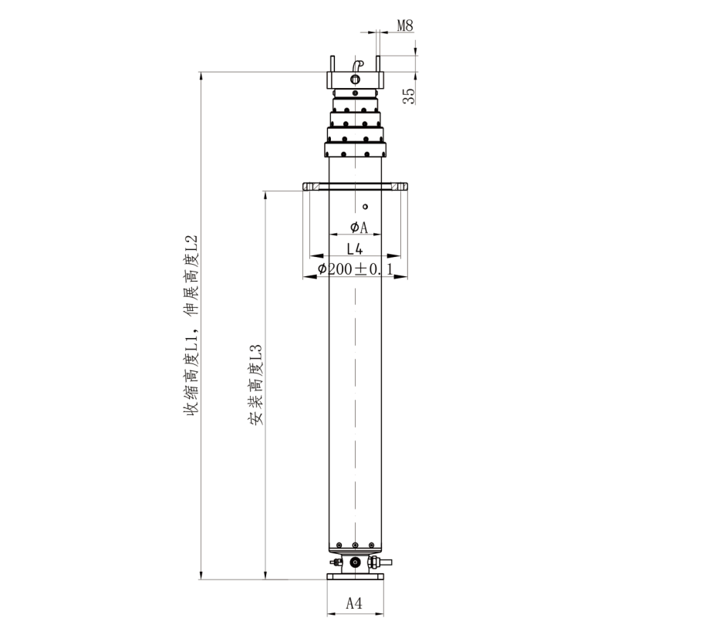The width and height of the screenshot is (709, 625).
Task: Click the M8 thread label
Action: (x=405, y=25)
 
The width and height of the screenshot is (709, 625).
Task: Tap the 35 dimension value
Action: (x=409, y=96)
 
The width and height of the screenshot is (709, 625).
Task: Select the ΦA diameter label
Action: (x=359, y=227)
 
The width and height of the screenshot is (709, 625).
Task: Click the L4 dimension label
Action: (x=355, y=248)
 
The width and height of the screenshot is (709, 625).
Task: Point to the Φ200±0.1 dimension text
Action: (x=356, y=269)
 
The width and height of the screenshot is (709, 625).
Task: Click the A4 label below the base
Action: (x=354, y=603)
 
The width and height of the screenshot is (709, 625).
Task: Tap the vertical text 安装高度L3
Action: (x=255, y=384)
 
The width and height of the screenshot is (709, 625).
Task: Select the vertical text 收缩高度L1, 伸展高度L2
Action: (x=191, y=324)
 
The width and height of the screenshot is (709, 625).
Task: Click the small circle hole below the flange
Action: (x=366, y=207)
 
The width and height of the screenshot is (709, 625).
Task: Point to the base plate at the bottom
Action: (x=356, y=576)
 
